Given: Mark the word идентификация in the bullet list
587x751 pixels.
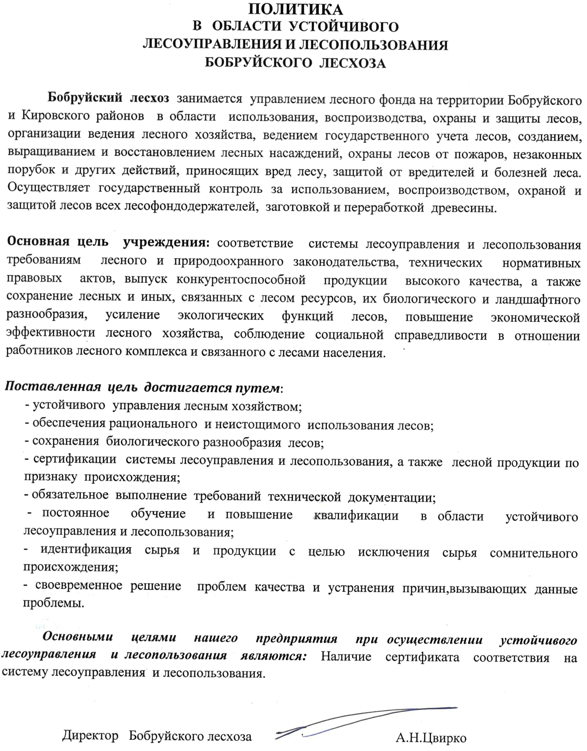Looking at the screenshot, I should (86, 550).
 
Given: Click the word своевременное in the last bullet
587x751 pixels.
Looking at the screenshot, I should (79, 586).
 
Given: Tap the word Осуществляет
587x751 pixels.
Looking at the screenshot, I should (49, 189).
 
